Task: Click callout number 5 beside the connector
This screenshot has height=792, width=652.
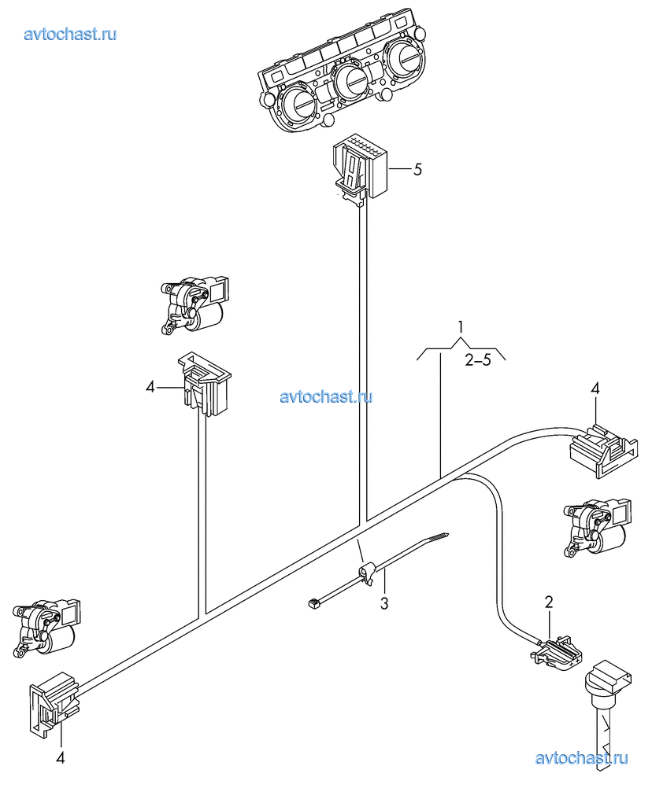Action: click(417, 169)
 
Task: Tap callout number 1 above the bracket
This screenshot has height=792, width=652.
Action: click(461, 327)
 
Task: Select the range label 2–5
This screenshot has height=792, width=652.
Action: click(478, 361)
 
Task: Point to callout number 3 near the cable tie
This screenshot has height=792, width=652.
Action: click(384, 603)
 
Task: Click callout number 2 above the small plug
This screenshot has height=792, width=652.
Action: click(549, 602)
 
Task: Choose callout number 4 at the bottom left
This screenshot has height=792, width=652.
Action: click(60, 757)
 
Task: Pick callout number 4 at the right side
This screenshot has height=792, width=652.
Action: click(595, 389)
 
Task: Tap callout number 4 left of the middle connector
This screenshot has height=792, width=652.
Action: click(150, 388)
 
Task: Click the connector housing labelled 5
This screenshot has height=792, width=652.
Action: click(360, 170)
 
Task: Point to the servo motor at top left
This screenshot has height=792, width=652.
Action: click(194, 304)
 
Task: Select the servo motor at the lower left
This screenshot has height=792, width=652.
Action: click(46, 628)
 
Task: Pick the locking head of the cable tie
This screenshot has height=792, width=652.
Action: click(366, 575)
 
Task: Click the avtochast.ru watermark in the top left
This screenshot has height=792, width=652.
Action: click(70, 34)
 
